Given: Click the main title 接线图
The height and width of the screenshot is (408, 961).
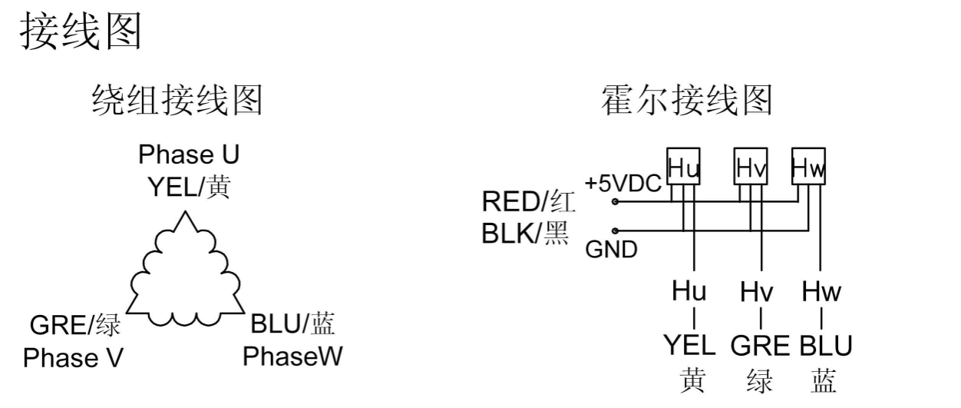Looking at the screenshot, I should [x=81, y=32].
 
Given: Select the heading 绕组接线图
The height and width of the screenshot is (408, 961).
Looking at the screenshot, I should [x=177, y=101].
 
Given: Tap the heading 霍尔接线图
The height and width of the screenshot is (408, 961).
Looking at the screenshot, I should [x=686, y=101].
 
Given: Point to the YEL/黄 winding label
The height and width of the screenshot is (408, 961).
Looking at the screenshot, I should [x=189, y=186].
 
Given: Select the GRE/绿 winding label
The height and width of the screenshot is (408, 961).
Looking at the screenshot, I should [x=75, y=326].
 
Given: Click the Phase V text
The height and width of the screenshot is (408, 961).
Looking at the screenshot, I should [x=73, y=358].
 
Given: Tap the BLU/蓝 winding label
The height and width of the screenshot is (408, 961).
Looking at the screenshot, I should [x=293, y=325].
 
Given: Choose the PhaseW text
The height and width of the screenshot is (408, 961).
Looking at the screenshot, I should [x=292, y=357].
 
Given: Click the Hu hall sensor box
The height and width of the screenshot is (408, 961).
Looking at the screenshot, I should [x=683, y=167].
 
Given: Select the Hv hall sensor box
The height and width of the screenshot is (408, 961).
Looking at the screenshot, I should [x=751, y=167].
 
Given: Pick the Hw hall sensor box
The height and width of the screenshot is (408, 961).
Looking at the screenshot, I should [x=809, y=167].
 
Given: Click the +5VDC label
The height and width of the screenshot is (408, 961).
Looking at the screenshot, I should [x=623, y=184].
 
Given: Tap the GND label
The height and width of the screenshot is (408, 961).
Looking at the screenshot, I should [x=611, y=250].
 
